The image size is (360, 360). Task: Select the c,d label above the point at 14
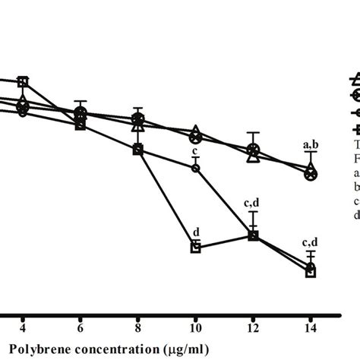[310, 242]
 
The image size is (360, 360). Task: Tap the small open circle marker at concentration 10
[195, 168]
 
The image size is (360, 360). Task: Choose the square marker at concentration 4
[24, 81]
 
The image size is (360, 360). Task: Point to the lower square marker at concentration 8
[137, 150]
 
